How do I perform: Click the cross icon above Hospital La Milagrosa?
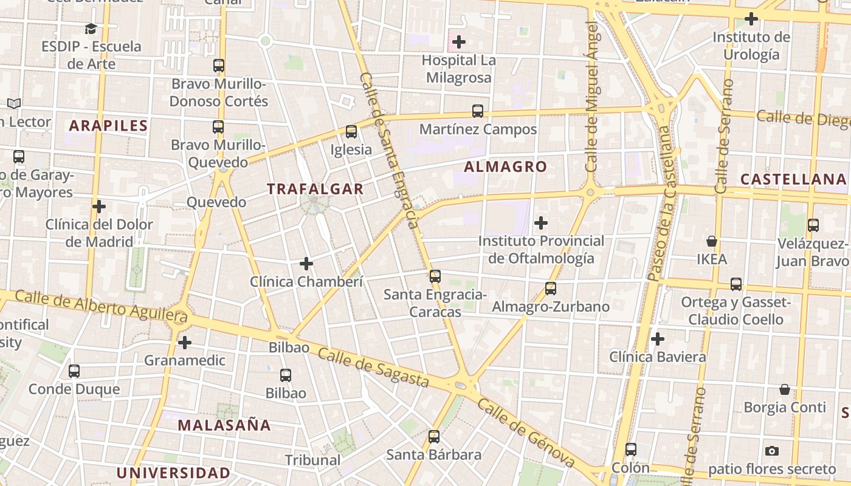click(x=459, y=42)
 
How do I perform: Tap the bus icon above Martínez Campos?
click(x=478, y=111)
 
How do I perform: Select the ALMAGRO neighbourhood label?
click(x=505, y=166)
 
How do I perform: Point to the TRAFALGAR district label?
click(x=315, y=189)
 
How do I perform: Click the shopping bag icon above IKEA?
click(x=712, y=241)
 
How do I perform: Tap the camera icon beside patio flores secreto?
click(x=772, y=451)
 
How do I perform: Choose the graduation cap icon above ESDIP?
click(x=91, y=29)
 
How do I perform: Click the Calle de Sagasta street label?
click(x=373, y=368)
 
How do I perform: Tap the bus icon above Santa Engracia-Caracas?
click(x=435, y=276)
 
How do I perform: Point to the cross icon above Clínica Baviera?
click(x=657, y=338)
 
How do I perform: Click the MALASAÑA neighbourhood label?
click(x=224, y=425)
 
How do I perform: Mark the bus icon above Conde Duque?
click(x=74, y=371)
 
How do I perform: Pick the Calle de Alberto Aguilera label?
click(x=101, y=306)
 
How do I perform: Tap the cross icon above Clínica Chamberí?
click(x=306, y=264)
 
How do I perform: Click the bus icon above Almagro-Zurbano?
click(x=551, y=289)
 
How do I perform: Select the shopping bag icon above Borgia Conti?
click(x=785, y=389)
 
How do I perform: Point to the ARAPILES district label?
click(x=108, y=126)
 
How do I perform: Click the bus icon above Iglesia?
click(x=351, y=132)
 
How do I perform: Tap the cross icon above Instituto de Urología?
click(x=751, y=19)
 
